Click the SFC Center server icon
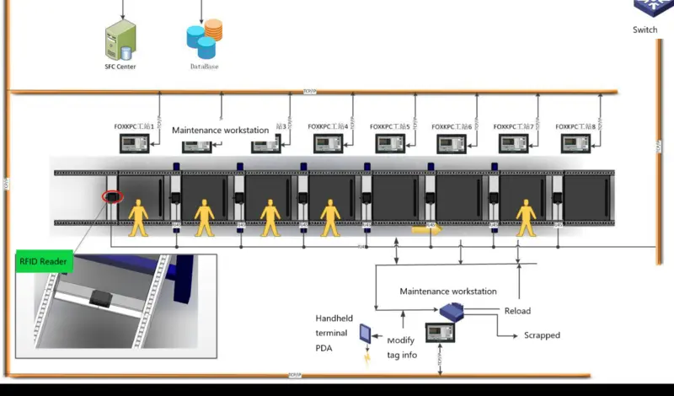coord(120,40)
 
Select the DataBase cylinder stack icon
coord(203,39)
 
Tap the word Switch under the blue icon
coord(645,30)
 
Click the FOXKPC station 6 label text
coord(452,127)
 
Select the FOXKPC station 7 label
coord(513,127)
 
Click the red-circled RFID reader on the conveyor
coord(112,198)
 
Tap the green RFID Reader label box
coord(45,262)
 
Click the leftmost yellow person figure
coord(136,217)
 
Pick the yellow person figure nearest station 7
coord(527,217)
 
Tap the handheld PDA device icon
coord(366,334)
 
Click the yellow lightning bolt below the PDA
coord(366,358)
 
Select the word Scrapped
coord(542,335)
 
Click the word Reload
coord(517,311)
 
